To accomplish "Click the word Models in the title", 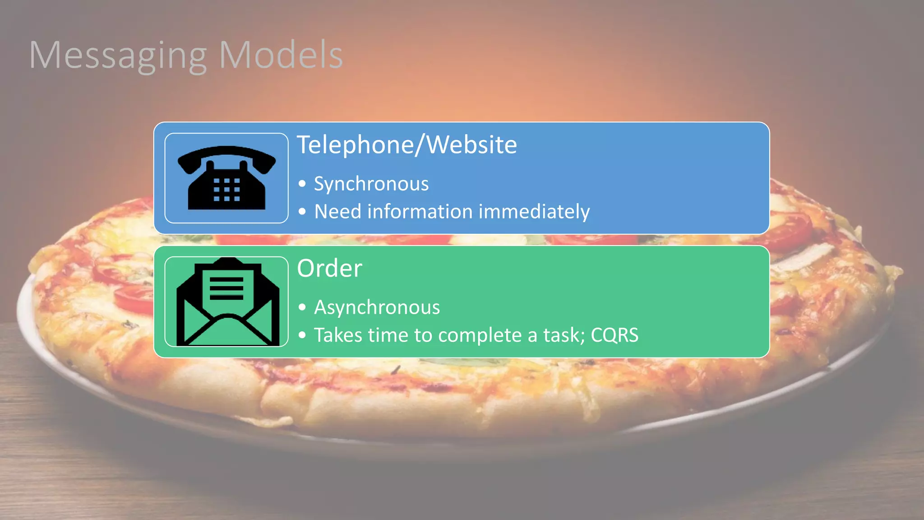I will tap(281, 55).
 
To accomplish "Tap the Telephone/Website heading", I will tap(407, 145).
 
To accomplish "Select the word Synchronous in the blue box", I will tap(371, 184).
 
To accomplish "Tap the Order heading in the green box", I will tap(329, 269).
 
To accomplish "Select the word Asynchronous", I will tap(377, 308).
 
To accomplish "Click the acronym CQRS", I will tap(614, 335).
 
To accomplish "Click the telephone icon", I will tap(226, 178).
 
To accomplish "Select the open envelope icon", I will tap(226, 302).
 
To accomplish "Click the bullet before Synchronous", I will tap(302, 184).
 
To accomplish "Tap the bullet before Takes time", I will tap(302, 335).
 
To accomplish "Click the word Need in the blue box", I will tap(337, 212).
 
